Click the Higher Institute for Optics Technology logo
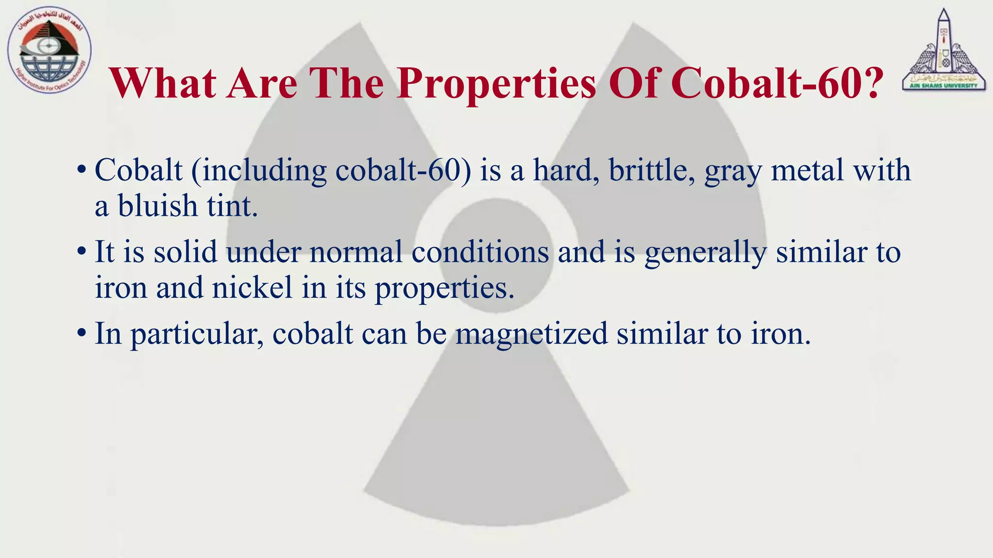(x=49, y=50)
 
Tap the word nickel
(x=252, y=288)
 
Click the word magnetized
(x=531, y=334)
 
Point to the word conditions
(x=480, y=252)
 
